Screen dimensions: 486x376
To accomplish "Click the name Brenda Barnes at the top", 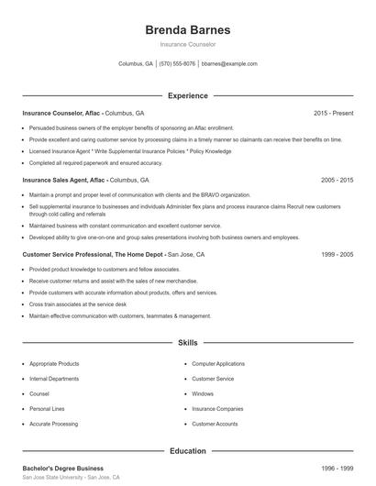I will [187, 30].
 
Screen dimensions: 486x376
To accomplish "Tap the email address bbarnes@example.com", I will [229, 64].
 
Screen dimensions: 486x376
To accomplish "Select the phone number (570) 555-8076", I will [177, 64].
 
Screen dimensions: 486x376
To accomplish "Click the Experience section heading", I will [187, 95].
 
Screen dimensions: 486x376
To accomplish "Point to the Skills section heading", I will [187, 343].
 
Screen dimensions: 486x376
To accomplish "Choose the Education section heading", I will [187, 451].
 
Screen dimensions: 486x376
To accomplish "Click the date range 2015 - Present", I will [333, 113].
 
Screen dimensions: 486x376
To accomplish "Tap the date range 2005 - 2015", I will [337, 181].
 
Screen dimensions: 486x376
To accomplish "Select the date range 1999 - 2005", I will [337, 253].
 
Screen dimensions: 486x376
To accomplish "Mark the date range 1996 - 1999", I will [337, 469].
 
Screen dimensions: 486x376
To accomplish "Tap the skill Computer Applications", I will [218, 364].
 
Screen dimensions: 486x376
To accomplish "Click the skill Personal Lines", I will [47, 409].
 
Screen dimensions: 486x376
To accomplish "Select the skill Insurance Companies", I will [217, 409].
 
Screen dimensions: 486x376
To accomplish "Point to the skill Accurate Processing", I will [53, 425].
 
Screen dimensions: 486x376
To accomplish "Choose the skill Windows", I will [203, 394].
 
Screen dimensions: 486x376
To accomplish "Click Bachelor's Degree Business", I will [63, 469].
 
